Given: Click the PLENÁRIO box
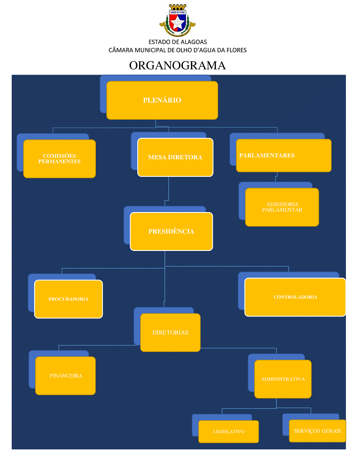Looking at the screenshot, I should [x=162, y=100].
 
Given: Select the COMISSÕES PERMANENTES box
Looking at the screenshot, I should [x=59, y=159].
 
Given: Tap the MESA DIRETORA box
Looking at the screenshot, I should [x=175, y=157].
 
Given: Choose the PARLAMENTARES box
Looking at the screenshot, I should [x=284, y=156].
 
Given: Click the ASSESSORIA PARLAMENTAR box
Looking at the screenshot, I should [x=282, y=207].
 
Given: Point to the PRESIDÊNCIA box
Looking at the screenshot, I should [x=171, y=232].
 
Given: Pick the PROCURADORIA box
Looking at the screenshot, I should [x=68, y=299].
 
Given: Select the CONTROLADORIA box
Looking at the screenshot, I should [x=295, y=297].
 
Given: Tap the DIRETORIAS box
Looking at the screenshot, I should [x=170, y=332].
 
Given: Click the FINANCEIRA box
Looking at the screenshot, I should [x=66, y=376].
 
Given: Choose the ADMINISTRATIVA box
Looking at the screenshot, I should [x=283, y=379].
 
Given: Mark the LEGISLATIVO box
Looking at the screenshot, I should [x=228, y=432].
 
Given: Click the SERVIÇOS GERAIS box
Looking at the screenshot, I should [x=317, y=431].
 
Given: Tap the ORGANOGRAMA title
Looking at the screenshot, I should [x=177, y=66].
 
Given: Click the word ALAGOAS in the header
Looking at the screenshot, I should [x=194, y=42].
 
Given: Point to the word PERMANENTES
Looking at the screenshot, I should [x=59, y=162].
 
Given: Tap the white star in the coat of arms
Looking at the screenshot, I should [x=177, y=22].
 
